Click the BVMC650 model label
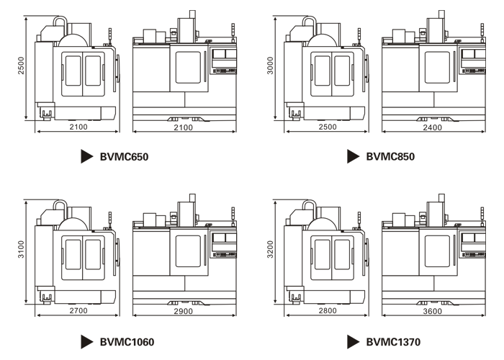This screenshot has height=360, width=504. tap(125, 156)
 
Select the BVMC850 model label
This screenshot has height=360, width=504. tap(390, 156)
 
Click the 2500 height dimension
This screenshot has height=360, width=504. tap(22, 68)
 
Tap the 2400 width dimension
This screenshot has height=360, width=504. tap(432, 127)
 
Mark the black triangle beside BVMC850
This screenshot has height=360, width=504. tap(353, 156)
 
